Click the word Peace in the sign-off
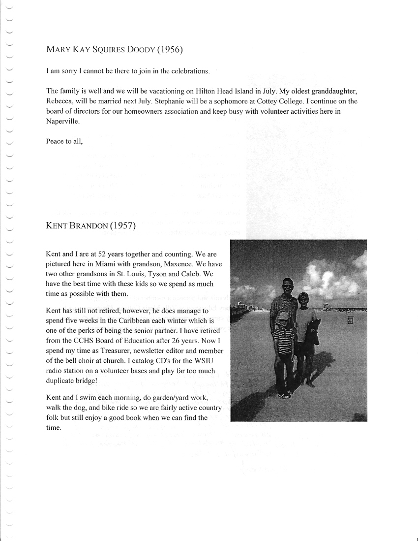(55, 141)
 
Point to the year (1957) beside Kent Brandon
(122, 226)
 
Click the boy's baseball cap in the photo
(284, 315)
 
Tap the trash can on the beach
(350, 319)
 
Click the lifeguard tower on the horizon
(326, 307)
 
